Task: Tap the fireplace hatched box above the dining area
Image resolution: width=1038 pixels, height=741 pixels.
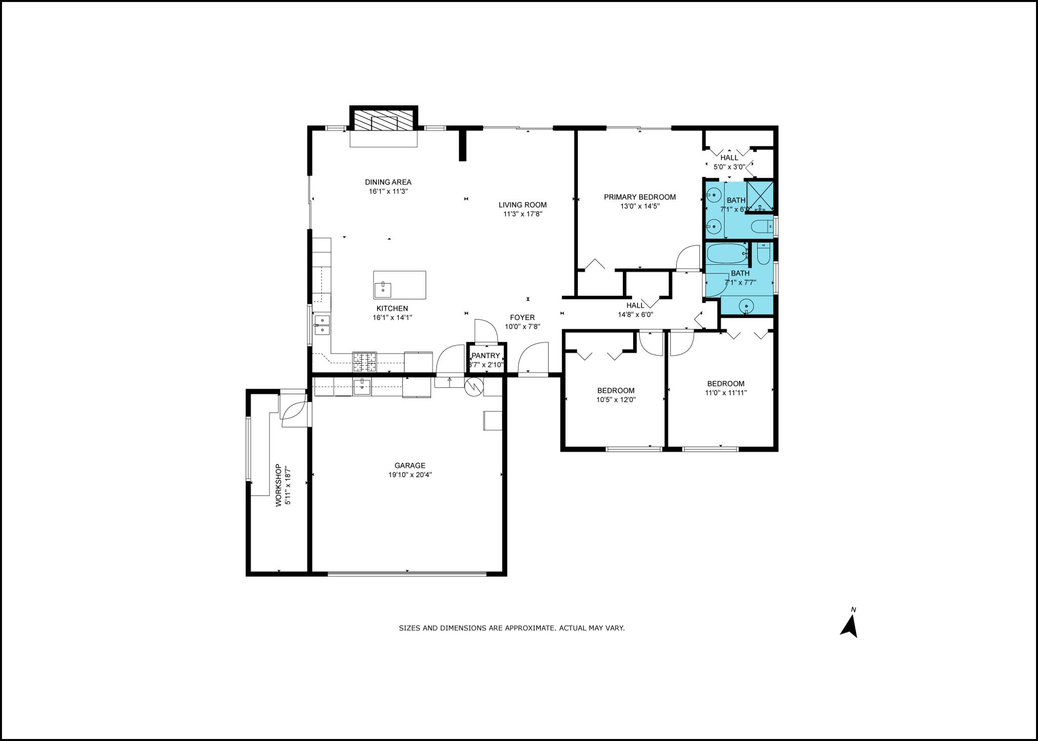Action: (x=383, y=121)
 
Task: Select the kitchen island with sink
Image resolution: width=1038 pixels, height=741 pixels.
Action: (x=399, y=285)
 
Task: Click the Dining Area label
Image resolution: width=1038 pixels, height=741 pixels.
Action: (x=388, y=182)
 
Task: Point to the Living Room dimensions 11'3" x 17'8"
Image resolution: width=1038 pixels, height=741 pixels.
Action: (x=522, y=214)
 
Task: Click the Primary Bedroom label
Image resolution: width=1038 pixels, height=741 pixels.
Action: (x=640, y=197)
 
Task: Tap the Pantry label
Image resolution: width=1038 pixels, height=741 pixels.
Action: (x=486, y=356)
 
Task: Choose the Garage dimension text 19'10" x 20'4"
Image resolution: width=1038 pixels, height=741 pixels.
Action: (x=410, y=475)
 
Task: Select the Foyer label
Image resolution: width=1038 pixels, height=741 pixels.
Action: (x=522, y=318)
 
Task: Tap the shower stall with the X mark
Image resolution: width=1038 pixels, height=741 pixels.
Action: (x=760, y=196)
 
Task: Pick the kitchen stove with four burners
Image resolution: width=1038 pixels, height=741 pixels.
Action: (x=365, y=362)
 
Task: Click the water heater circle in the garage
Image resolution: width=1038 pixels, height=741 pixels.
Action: (x=473, y=386)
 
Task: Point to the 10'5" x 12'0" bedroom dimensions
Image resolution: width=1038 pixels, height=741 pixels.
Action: (x=616, y=400)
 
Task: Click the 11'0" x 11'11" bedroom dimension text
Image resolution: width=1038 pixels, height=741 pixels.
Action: (x=726, y=393)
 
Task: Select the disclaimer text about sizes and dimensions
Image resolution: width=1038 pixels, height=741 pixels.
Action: (x=512, y=628)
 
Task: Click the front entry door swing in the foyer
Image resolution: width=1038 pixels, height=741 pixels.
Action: (x=533, y=359)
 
